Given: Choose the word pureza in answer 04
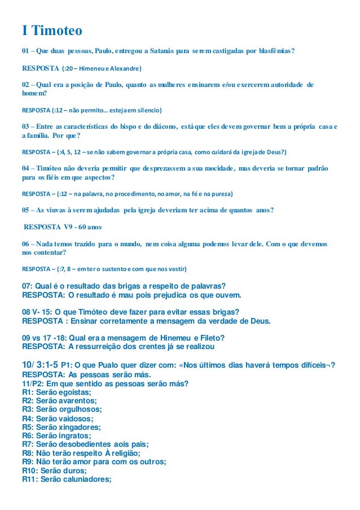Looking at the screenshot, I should [218, 194].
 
